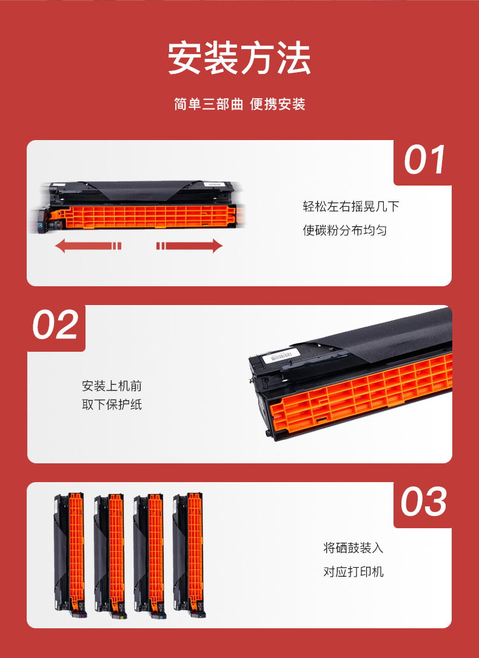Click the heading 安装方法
[239, 58]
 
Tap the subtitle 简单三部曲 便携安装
[239, 104]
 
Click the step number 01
[424, 160]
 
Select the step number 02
[55, 324]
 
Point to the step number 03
[423, 502]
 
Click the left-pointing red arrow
[88, 246]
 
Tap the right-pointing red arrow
[190, 246]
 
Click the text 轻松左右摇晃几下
[350, 206]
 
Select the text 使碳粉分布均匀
[345, 230]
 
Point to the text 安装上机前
[112, 386]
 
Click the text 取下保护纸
[112, 405]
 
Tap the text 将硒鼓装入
[353, 548]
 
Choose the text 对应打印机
[353, 571]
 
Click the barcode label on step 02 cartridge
[281, 355]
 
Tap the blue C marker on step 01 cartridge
[40, 226]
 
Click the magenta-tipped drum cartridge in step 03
[70, 555]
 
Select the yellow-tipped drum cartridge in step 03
[109, 555]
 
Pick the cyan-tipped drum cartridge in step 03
[149, 555]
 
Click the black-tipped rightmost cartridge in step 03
[188, 555]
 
